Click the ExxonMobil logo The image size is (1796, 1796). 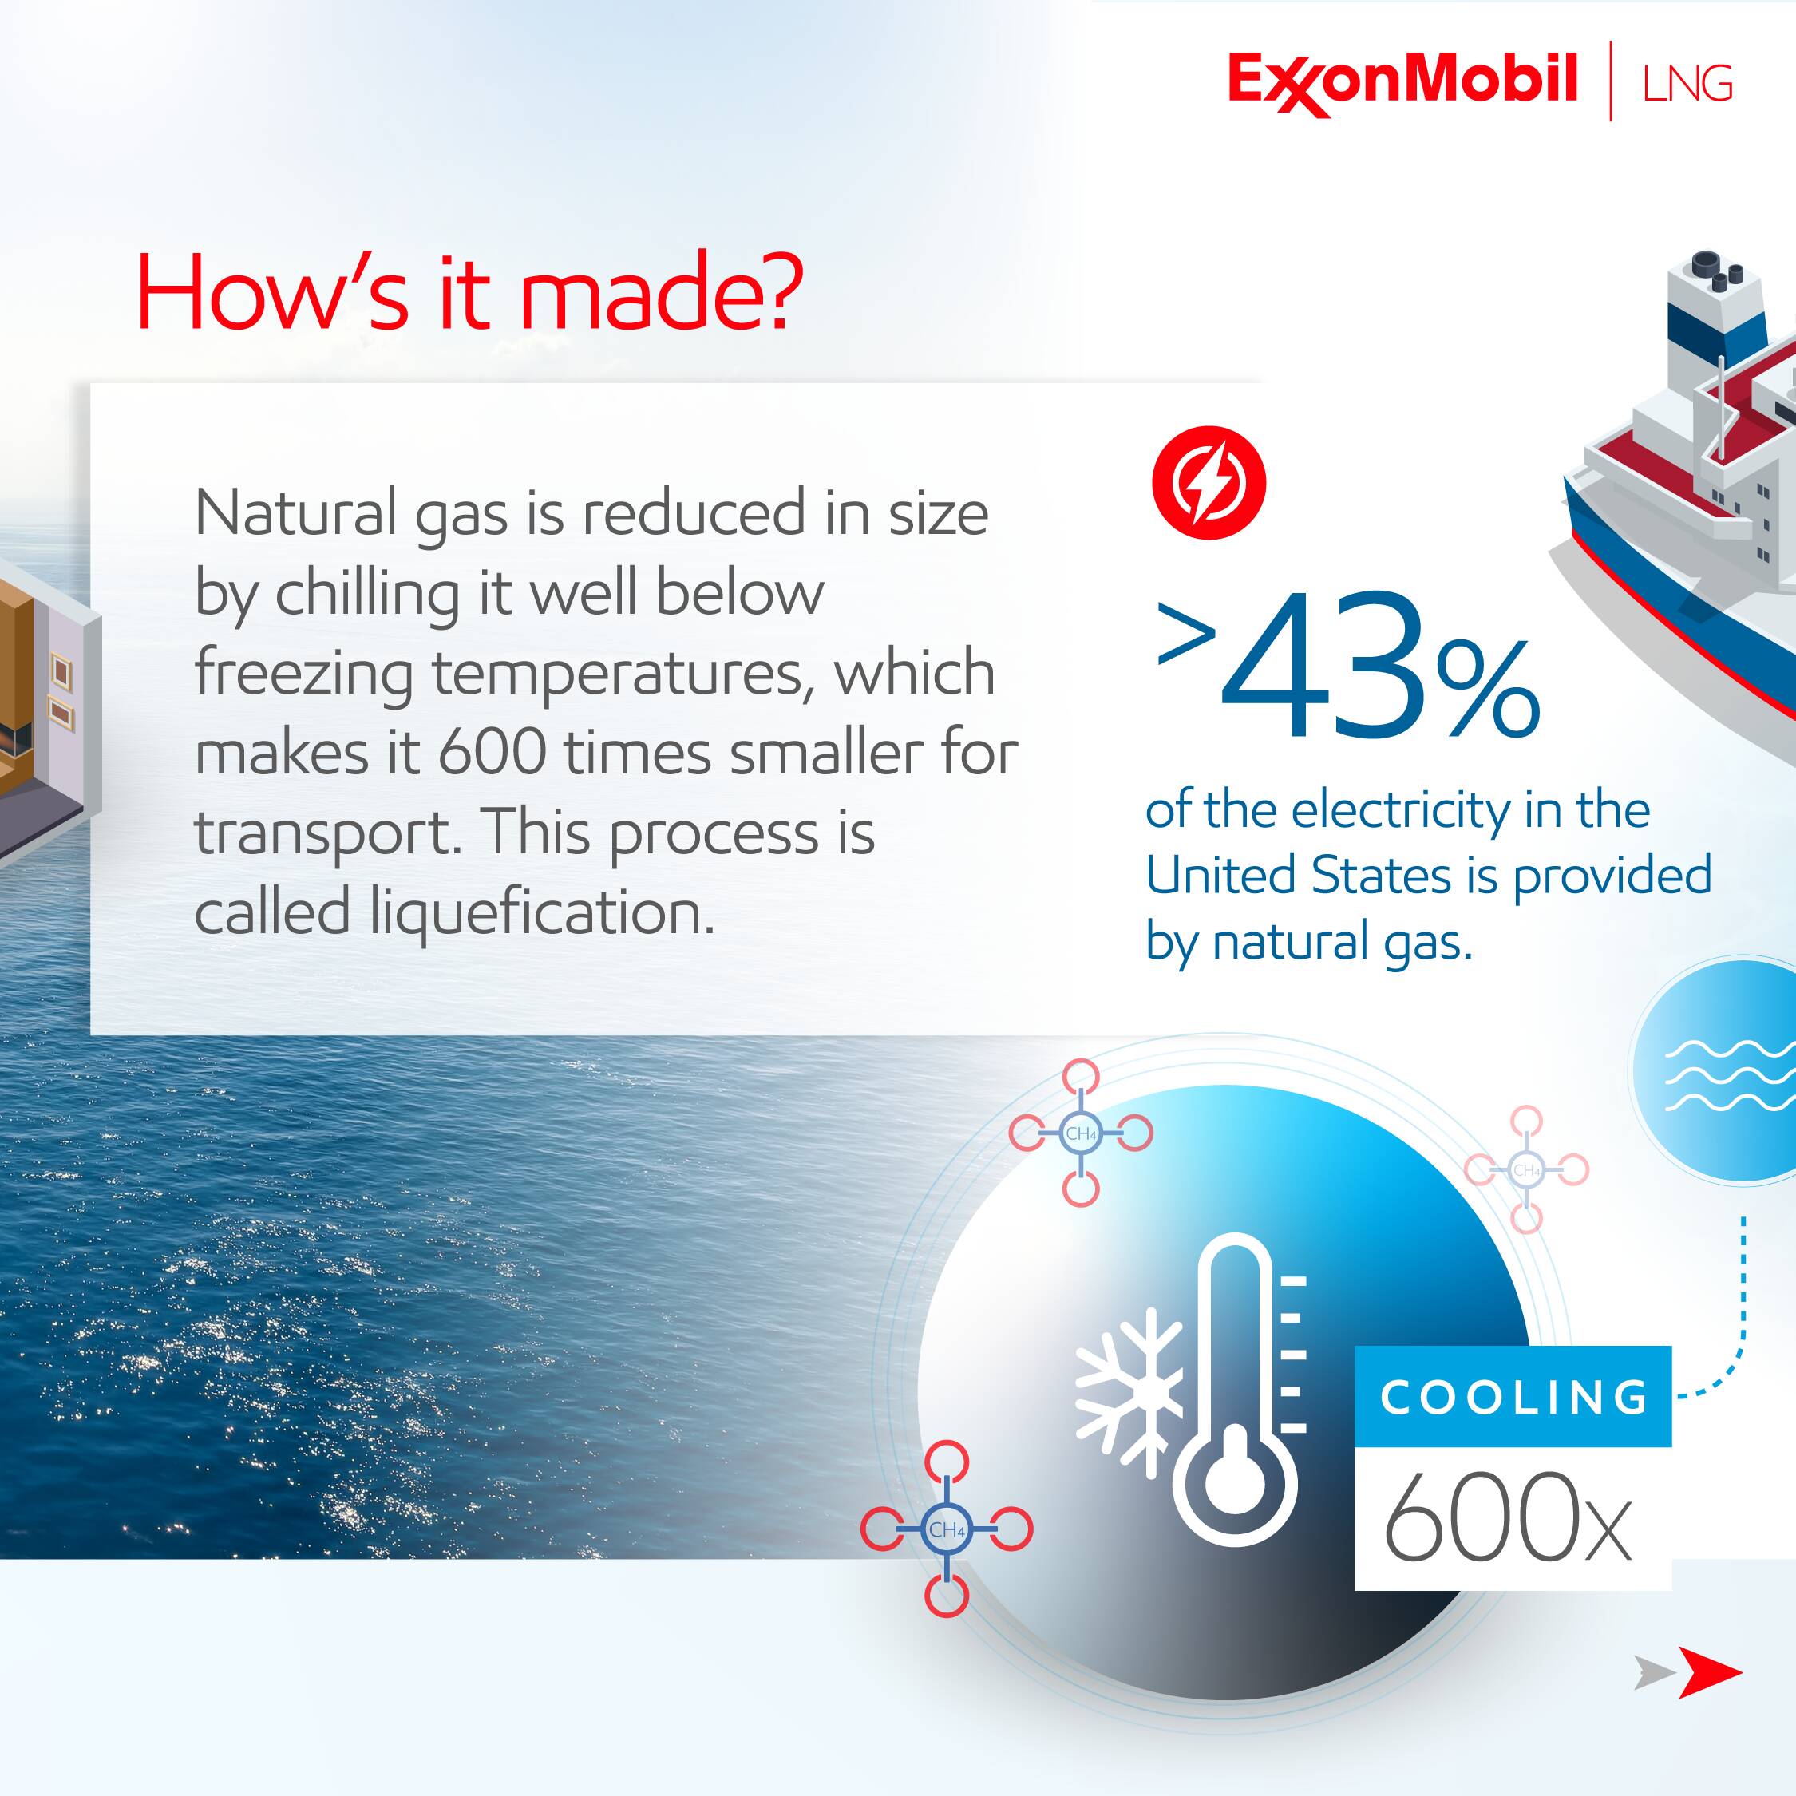pos(1402,81)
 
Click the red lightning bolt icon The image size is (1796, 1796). pos(1209,482)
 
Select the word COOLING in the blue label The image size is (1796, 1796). pos(1513,1397)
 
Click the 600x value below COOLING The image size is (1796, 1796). pos(1507,1518)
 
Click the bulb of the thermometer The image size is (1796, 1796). pos(1233,1479)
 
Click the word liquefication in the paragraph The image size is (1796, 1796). pos(543,912)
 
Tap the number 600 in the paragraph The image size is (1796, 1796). pos(492,752)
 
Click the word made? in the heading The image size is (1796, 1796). pos(661,294)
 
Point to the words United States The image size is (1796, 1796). pos(1298,876)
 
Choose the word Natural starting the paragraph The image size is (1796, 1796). pos(295,512)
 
